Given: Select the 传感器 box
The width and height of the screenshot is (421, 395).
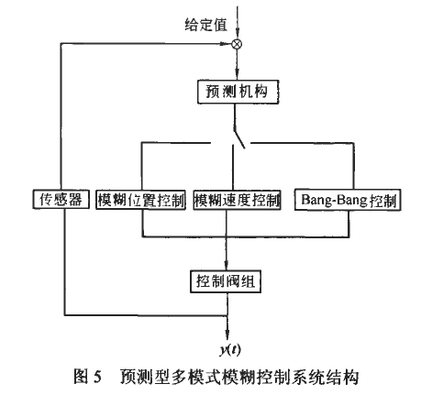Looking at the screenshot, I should click(x=58, y=199).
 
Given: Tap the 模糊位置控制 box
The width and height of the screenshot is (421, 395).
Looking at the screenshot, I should click(x=141, y=199).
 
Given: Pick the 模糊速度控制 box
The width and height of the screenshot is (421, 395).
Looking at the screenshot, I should click(x=237, y=199).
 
